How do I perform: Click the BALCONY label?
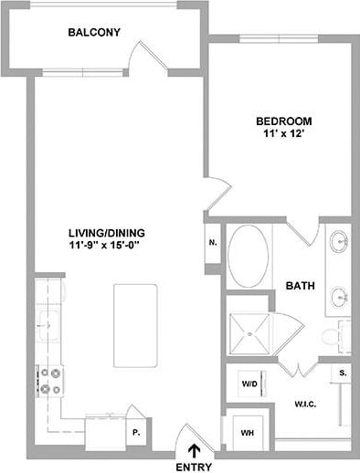(x=95, y=33)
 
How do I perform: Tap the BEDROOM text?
(x=283, y=121)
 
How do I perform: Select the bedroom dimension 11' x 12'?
(x=283, y=135)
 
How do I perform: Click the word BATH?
(x=300, y=286)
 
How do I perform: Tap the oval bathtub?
(x=248, y=258)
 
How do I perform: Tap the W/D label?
(x=249, y=384)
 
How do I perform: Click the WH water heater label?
(x=247, y=432)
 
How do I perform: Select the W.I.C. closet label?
(x=304, y=402)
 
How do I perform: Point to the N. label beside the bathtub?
(x=212, y=243)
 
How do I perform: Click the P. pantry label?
(x=136, y=432)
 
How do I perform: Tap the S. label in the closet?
(x=343, y=373)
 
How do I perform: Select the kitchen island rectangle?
(x=129, y=319)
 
